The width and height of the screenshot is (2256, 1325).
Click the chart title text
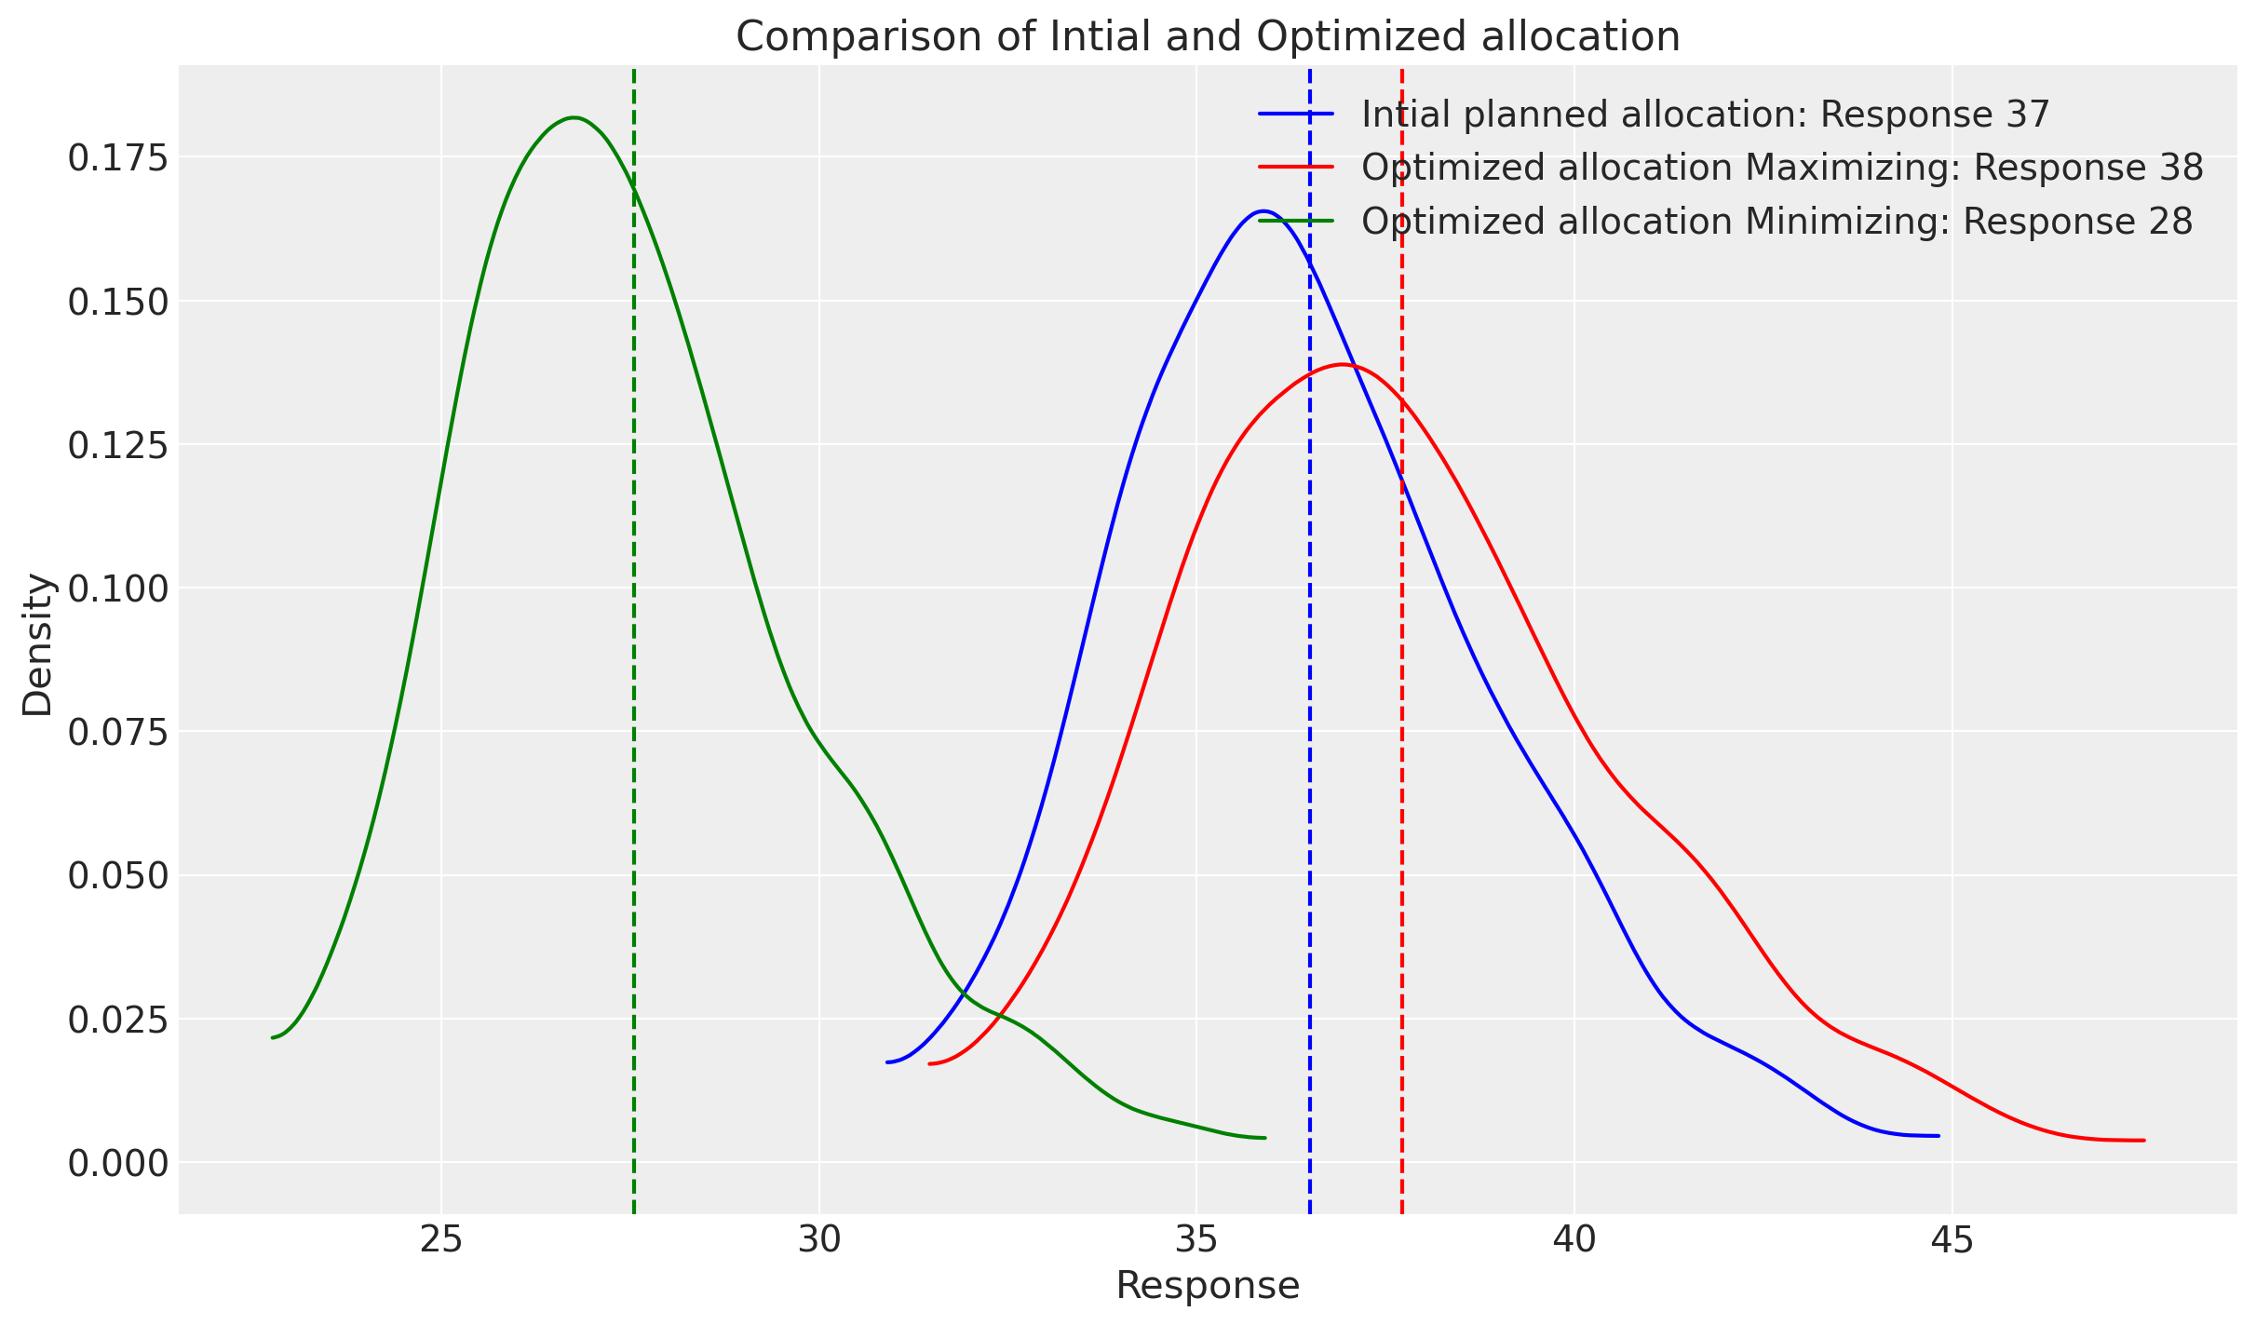1208,37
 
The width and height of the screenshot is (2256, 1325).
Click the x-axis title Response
1208,1286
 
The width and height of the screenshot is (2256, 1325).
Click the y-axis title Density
38,644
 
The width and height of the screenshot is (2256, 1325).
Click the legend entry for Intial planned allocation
1705,115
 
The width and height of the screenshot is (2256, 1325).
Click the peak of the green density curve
574,117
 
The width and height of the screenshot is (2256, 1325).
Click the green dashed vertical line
633,652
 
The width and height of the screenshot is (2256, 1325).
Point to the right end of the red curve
2143,1140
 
